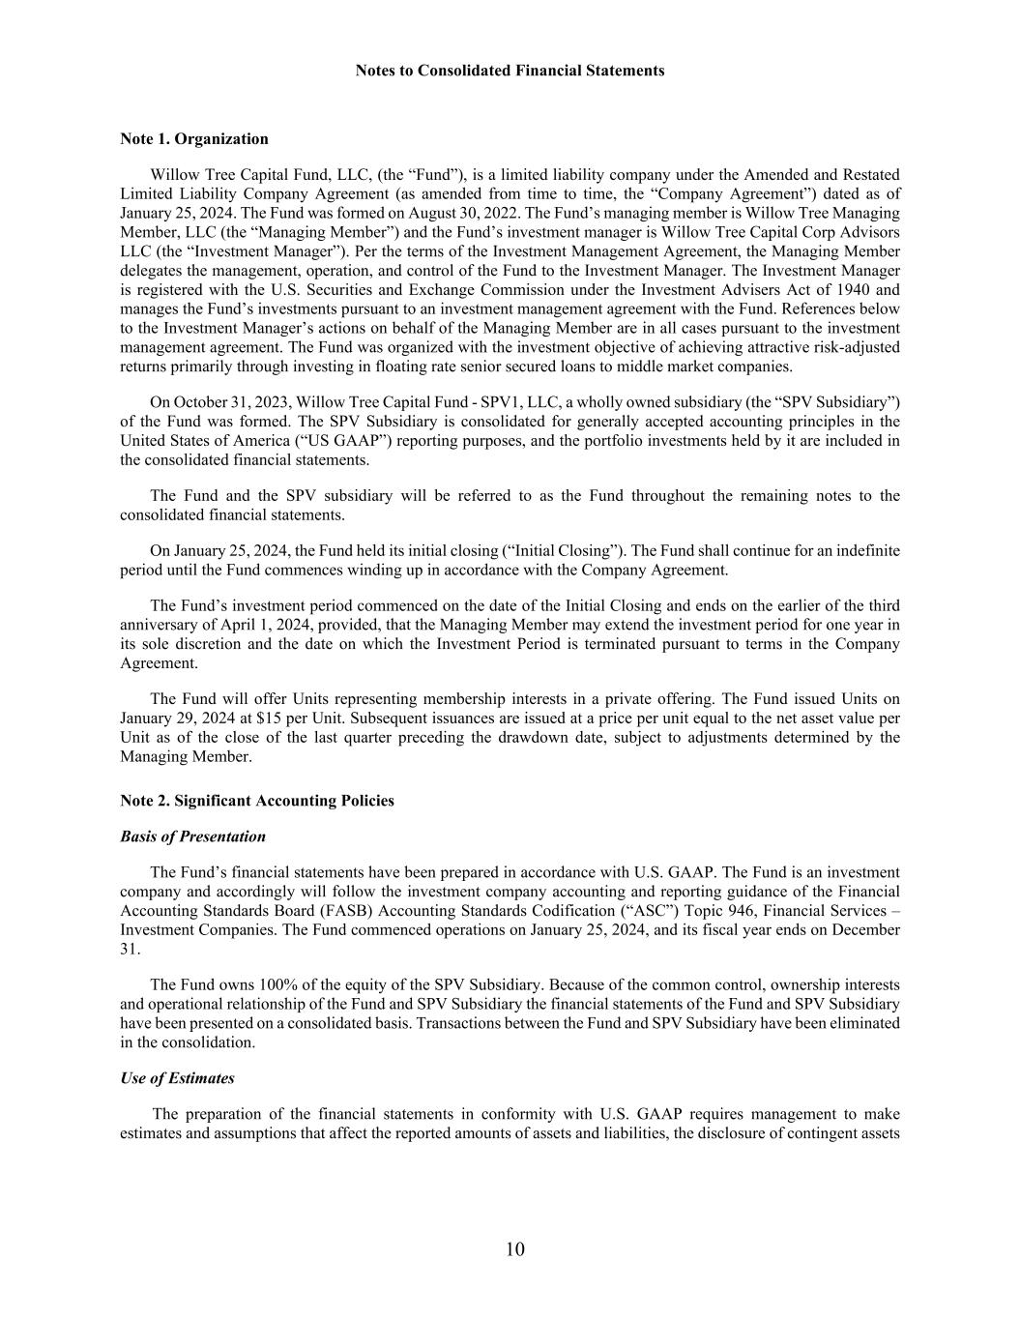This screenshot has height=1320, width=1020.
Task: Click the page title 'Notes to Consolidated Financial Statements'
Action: coord(510,71)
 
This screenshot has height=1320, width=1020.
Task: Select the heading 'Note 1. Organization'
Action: coord(194,138)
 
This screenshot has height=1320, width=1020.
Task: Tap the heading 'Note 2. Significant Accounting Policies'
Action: coord(257,801)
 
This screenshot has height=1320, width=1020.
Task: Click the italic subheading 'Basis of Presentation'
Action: coord(192,836)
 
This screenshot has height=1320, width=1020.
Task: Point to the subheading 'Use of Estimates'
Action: coord(177,1078)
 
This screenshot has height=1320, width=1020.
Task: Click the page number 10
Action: coord(514,1249)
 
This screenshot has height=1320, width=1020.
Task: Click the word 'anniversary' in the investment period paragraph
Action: coord(158,625)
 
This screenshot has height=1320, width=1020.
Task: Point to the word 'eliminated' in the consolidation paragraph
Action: coord(864,1023)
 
